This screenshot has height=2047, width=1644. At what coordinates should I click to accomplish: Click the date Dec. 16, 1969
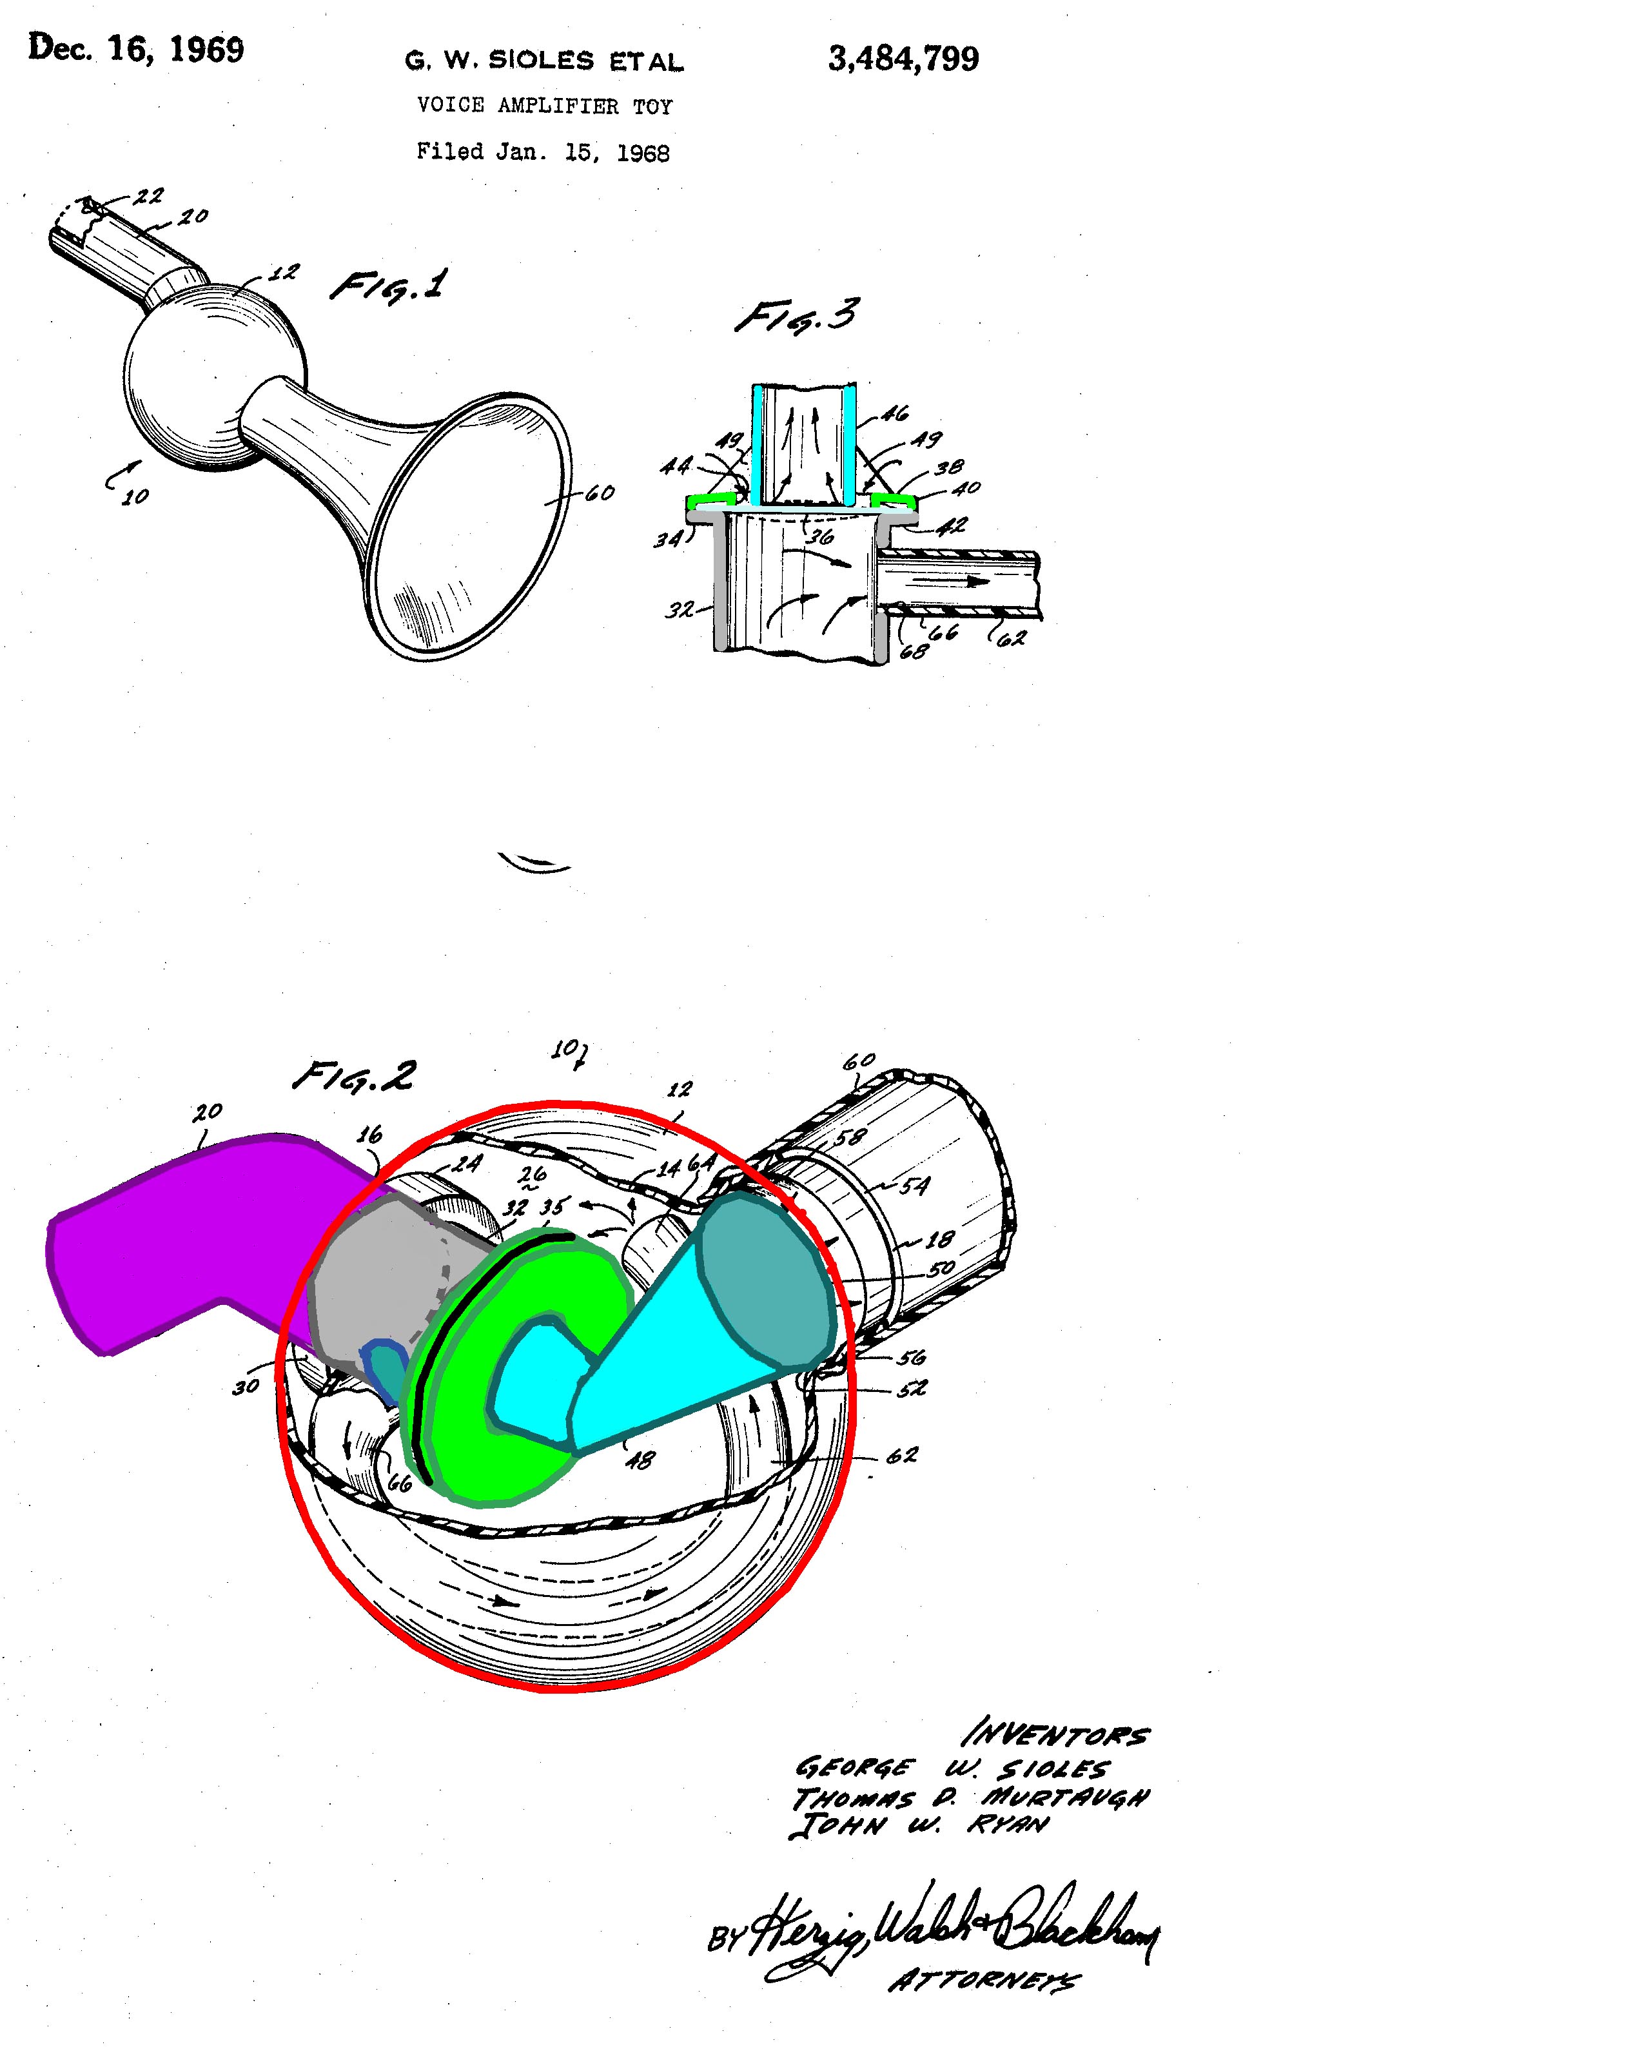tap(136, 48)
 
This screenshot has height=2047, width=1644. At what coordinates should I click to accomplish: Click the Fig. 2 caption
tap(353, 1075)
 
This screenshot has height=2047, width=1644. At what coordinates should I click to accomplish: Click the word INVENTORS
tap(1055, 1736)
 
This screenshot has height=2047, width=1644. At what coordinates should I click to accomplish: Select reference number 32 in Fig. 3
tap(680, 609)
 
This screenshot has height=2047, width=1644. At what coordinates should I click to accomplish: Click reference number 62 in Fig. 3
tap(1012, 638)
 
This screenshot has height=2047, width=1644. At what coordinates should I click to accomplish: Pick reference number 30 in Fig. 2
tap(246, 1387)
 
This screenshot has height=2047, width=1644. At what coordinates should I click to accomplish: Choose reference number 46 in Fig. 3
tap(894, 413)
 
